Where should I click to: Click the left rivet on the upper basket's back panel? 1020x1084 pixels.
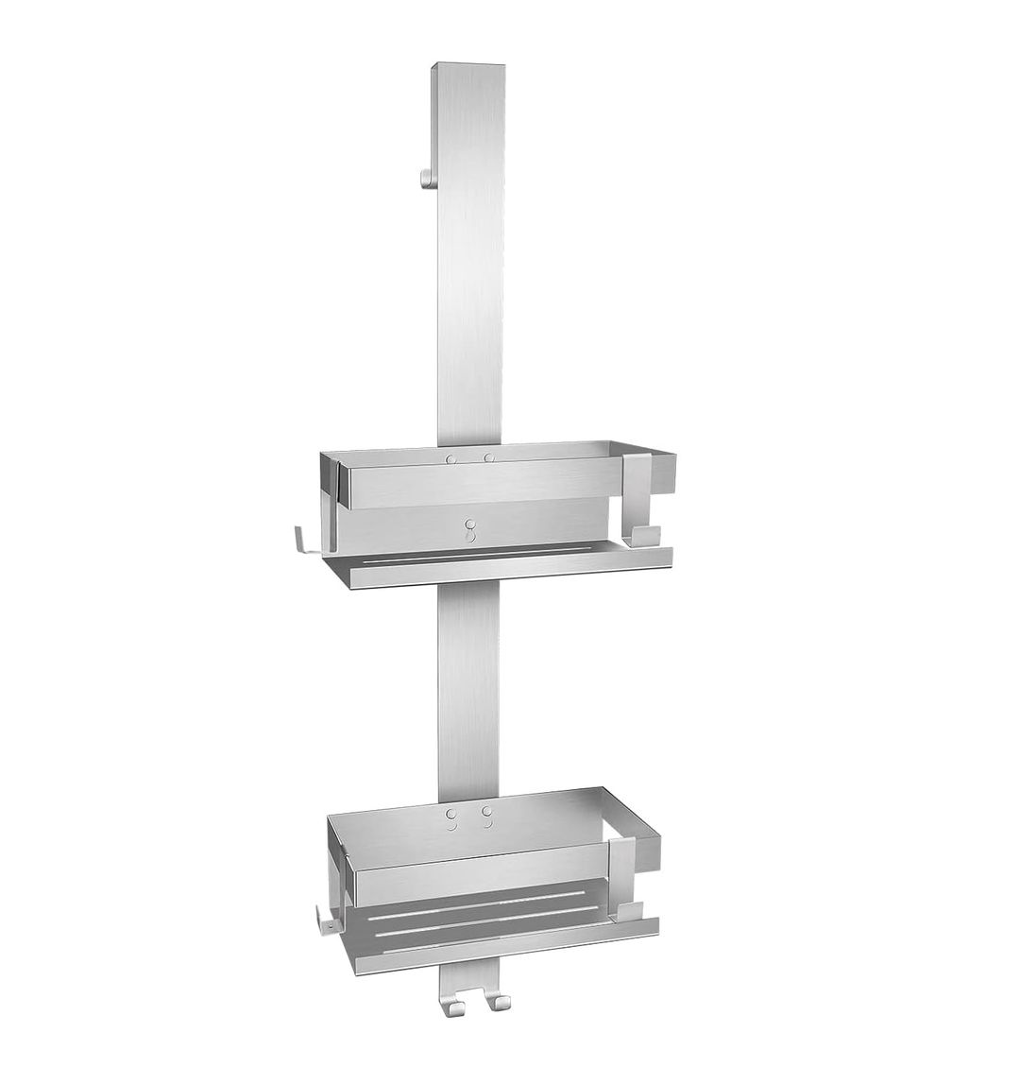click(451, 458)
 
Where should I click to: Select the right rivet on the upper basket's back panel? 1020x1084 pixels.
click(489, 458)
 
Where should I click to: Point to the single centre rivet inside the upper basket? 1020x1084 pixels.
click(469, 523)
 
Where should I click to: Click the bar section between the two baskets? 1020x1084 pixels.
click(469, 680)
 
